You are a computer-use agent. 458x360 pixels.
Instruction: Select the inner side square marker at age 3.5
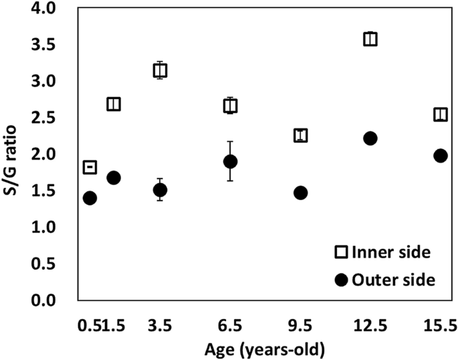[160, 70]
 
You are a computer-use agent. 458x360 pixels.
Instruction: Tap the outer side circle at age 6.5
[231, 161]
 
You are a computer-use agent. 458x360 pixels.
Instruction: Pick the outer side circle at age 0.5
[90, 198]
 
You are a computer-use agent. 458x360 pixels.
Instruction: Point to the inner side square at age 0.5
[90, 167]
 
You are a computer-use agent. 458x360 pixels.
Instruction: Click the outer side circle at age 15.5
[440, 155]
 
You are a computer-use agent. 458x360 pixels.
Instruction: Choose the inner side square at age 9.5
[300, 136]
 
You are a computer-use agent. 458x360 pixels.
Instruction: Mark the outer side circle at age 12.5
[370, 138]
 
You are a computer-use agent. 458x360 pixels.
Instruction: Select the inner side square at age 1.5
[114, 104]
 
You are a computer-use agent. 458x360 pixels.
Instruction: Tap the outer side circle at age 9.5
[300, 193]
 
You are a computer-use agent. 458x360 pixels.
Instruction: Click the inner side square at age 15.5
[440, 114]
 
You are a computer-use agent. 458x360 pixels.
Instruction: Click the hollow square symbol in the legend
[341, 252]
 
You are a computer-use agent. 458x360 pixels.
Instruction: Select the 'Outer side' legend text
[394, 280]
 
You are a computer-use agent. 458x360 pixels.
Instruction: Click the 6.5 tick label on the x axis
[231, 325]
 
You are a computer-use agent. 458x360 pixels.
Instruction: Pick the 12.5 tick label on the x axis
[370, 325]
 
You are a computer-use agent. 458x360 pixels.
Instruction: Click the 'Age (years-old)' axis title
[265, 348]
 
